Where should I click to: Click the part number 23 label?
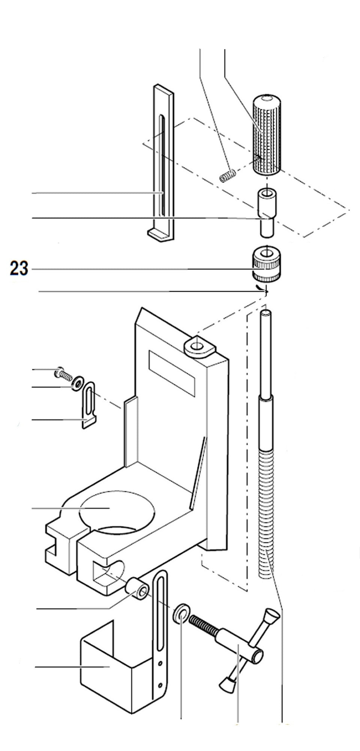pos(19,269)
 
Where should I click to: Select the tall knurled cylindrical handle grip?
pos(266,134)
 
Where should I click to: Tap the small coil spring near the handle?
pos(228,175)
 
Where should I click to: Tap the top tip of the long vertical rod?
pos(266,312)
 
